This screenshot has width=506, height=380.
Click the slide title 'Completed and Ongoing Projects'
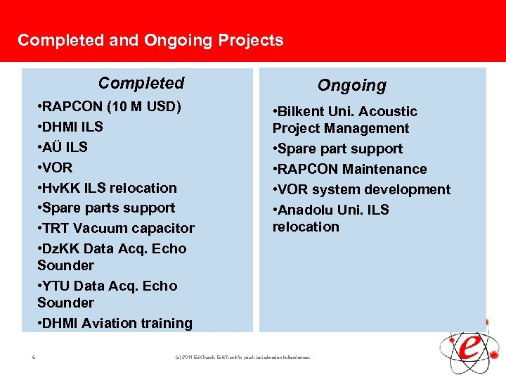pos(150,40)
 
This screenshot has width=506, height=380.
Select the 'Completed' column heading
pos(141,83)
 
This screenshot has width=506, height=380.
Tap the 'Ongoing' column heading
pos(351,86)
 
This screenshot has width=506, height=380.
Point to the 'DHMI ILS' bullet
pos(70,127)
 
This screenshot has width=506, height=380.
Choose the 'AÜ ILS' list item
pos(63,148)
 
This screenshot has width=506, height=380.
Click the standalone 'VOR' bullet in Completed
pos(56,168)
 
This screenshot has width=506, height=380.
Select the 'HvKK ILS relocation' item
pos(107,188)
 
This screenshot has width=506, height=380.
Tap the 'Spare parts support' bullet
pos(106,208)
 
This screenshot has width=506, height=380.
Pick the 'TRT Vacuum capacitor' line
pos(116,229)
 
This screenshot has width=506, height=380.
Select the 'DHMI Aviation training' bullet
pos(115,324)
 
